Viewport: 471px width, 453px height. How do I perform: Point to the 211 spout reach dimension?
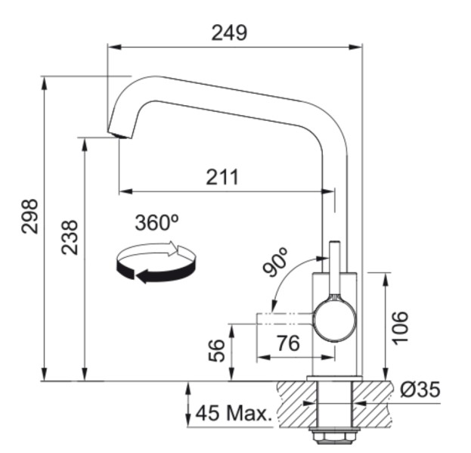(x=222, y=178)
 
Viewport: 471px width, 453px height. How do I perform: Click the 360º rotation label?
(x=156, y=222)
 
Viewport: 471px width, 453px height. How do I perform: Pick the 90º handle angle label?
(x=277, y=262)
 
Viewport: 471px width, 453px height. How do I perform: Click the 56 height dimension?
(x=218, y=350)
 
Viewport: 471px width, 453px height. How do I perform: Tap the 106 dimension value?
(x=401, y=327)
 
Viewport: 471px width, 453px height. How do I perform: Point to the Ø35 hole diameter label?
(x=420, y=390)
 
